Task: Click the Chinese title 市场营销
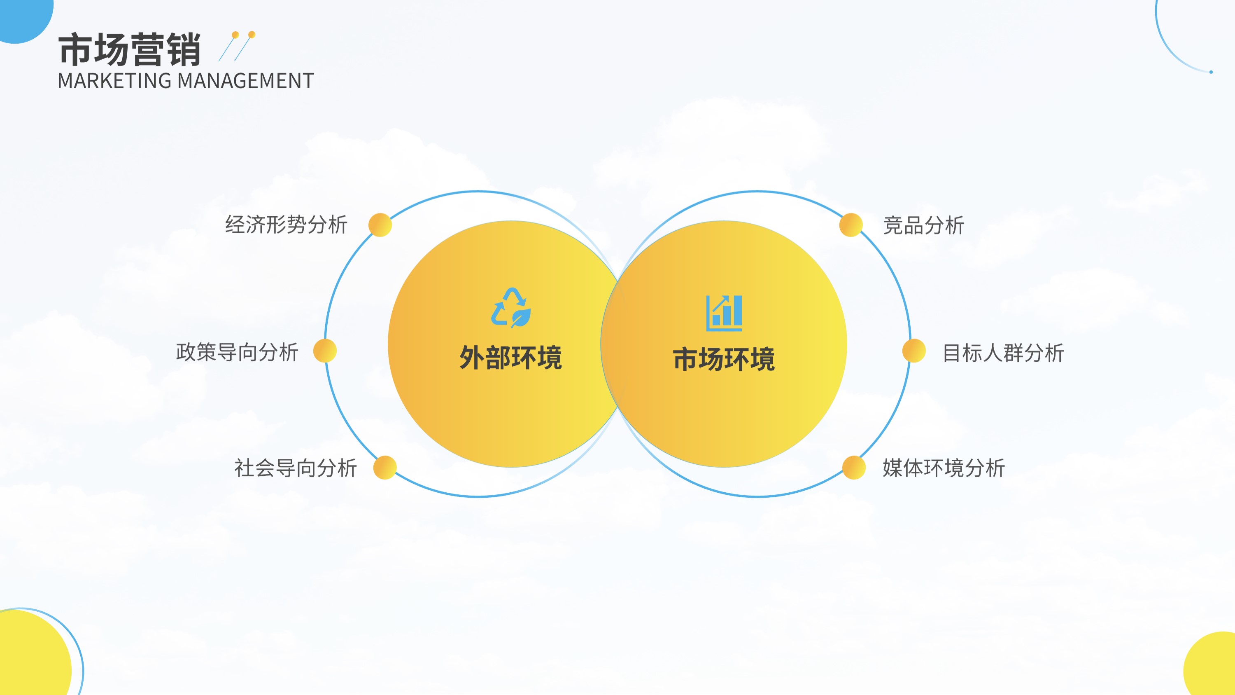click(129, 49)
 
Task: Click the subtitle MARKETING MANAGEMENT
click(186, 81)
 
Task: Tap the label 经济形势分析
click(286, 225)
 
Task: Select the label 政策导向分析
click(237, 352)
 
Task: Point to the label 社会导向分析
click(295, 468)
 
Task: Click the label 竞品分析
click(924, 225)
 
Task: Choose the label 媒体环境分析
click(944, 468)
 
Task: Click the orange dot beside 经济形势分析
click(380, 225)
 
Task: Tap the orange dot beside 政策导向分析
click(325, 351)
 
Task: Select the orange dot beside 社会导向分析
click(385, 468)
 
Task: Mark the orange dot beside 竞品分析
click(851, 225)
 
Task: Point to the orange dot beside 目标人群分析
click(914, 351)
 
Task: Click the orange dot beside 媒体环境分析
click(854, 468)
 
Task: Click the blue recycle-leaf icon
click(511, 308)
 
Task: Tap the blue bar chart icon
click(724, 313)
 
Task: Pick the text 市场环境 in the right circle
click(724, 359)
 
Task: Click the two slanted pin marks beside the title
click(237, 47)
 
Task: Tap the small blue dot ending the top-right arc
click(1211, 72)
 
